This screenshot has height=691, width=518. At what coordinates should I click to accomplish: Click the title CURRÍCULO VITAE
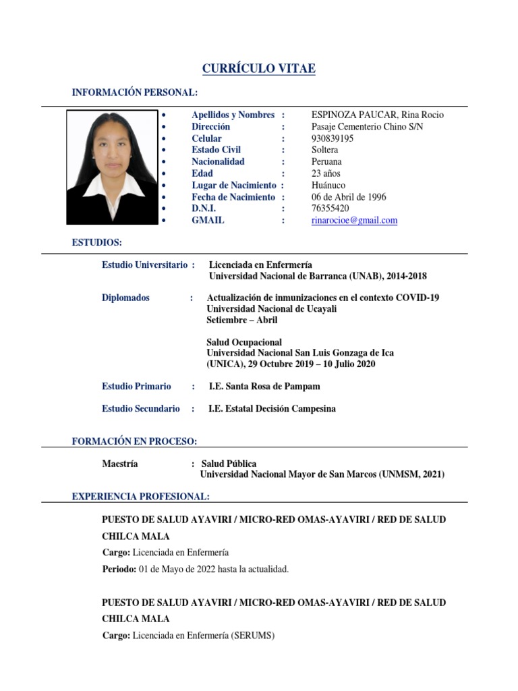[x=259, y=69]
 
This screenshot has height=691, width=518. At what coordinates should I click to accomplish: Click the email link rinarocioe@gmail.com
[x=354, y=221]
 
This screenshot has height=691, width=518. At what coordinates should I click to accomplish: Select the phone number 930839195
[x=333, y=138]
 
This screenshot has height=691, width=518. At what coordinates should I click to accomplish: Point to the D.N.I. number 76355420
[x=330, y=209]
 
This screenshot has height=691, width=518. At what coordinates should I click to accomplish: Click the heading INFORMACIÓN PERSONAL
[x=135, y=92]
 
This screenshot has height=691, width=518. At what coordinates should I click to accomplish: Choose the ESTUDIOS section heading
[x=97, y=242]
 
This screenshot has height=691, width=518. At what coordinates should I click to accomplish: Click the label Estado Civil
[x=216, y=150]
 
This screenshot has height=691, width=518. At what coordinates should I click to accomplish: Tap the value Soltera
[x=325, y=150]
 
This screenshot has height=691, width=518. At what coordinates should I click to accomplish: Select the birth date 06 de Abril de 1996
[x=349, y=197]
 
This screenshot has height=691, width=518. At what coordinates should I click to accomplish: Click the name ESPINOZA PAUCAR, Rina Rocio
[x=378, y=115]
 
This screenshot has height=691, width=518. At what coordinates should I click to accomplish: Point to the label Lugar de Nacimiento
[x=233, y=186]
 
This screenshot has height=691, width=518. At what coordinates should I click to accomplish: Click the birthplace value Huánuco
[x=328, y=186]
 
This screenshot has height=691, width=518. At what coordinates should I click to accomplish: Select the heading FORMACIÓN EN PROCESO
[x=135, y=441]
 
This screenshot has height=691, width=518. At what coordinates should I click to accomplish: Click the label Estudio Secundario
[x=141, y=409]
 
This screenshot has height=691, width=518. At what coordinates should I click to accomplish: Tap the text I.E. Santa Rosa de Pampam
[x=264, y=387]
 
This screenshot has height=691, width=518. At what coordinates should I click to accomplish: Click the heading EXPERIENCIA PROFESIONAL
[x=141, y=497]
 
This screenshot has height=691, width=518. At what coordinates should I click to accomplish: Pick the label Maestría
[x=120, y=464]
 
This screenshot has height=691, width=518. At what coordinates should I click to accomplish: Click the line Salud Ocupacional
[x=244, y=342]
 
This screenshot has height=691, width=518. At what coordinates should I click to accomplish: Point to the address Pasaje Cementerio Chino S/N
[x=368, y=127]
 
